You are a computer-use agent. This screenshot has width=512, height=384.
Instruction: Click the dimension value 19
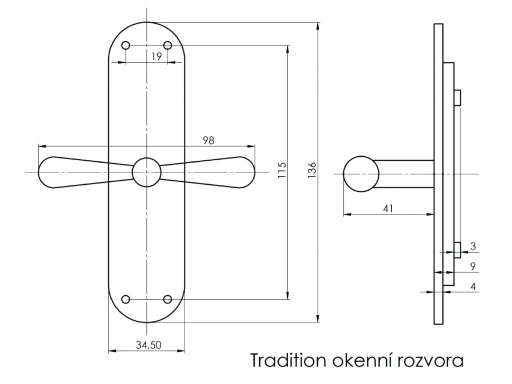(156, 56)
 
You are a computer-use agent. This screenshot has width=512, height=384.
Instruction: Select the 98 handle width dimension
(208, 140)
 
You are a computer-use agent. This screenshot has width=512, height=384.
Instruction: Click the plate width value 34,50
(147, 345)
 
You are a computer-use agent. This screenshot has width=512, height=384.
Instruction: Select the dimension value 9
(472, 266)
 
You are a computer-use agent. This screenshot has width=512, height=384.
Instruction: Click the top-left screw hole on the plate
(125, 45)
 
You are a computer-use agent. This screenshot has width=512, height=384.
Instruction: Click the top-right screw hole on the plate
(168, 45)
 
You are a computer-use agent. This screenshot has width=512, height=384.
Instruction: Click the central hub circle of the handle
(146, 172)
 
